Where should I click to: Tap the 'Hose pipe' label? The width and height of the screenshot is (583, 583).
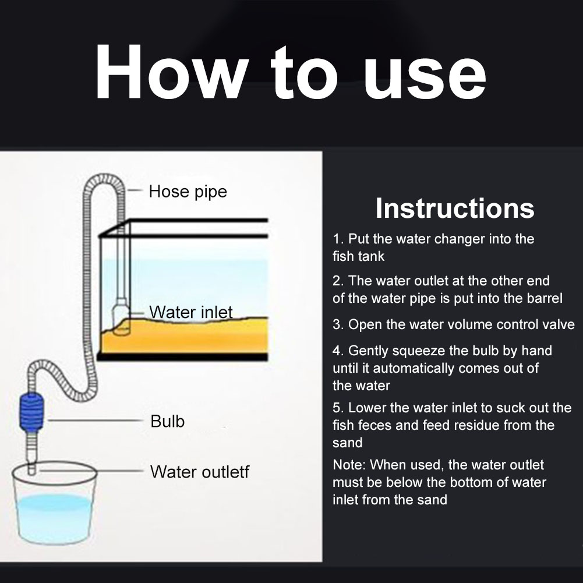click(188, 191)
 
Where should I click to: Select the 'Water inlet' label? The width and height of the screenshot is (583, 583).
click(190, 312)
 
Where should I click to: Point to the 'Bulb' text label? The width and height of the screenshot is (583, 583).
click(167, 421)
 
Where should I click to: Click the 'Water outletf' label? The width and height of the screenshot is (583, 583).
click(199, 471)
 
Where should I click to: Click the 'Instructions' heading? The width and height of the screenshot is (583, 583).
click(454, 208)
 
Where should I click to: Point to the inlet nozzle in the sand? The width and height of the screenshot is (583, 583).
click(123, 323)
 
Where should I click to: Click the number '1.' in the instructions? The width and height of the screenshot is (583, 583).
click(338, 239)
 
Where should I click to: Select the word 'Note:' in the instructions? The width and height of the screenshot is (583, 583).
click(349, 465)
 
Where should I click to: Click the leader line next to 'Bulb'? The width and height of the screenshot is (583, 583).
click(87, 419)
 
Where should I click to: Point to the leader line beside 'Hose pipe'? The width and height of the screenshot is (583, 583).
click(135, 190)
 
